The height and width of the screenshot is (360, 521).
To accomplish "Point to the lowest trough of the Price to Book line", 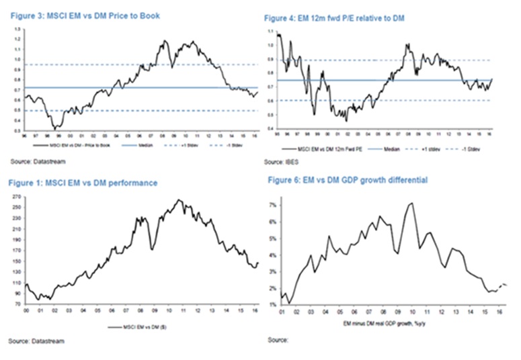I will pos(56,128).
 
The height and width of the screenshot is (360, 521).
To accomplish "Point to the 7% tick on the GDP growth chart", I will pos(275,204).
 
